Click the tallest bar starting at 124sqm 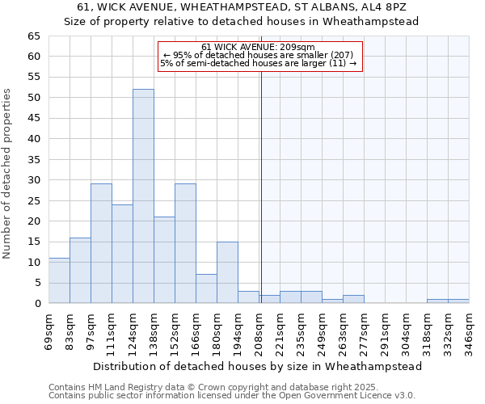pos(143,196)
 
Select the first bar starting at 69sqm pos(59,281)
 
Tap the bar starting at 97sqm pos(101,243)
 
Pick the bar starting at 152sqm pos(185,243)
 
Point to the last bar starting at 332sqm pos(458,301)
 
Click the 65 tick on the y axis pos(33,36)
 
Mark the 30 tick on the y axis pos(33,180)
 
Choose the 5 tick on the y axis pos(36,283)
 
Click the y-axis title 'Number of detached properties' pos(8,174)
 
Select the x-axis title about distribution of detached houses pos(258,366)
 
